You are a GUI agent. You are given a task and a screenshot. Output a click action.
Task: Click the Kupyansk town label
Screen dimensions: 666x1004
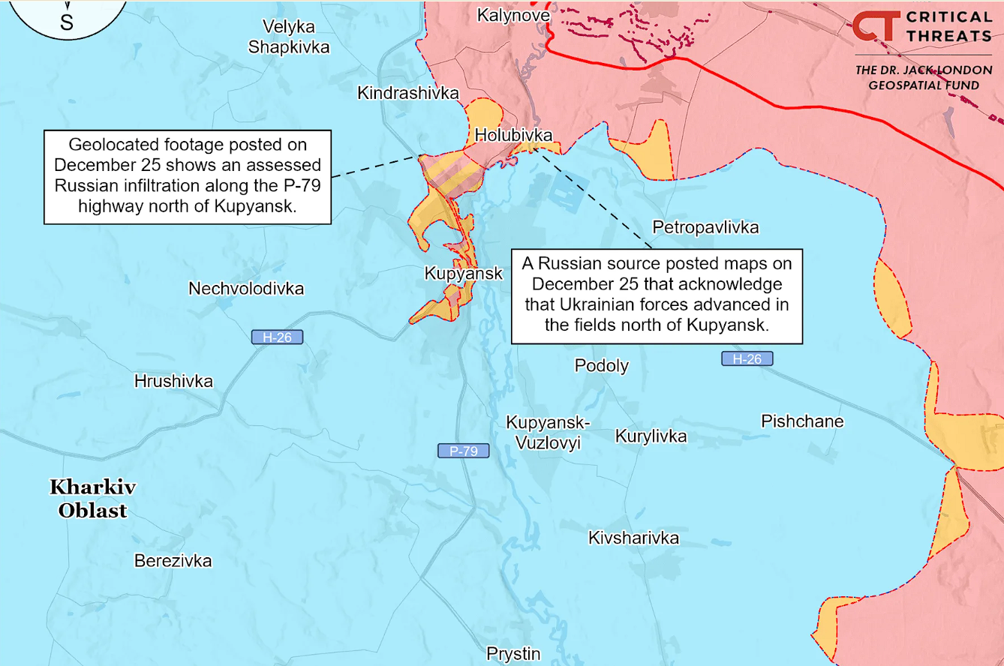click(x=463, y=274)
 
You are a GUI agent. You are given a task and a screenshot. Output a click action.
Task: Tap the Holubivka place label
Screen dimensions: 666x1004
click(x=513, y=135)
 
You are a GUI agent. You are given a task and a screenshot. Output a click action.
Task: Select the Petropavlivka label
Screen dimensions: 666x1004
click(x=705, y=226)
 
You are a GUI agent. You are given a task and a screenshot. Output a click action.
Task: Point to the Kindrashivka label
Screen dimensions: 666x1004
click(x=407, y=93)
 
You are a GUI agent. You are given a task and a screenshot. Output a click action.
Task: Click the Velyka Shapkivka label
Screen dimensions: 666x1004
click(x=289, y=37)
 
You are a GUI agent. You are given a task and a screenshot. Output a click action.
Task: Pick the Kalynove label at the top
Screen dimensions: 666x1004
click(x=513, y=15)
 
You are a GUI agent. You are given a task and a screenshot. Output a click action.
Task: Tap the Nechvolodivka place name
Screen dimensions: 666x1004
click(x=246, y=289)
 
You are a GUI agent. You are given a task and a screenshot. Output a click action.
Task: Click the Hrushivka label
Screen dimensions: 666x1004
click(x=173, y=381)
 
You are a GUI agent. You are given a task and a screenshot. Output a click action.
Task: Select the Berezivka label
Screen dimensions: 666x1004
click(x=173, y=561)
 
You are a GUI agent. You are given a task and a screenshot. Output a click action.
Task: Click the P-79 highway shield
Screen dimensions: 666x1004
click(x=464, y=451)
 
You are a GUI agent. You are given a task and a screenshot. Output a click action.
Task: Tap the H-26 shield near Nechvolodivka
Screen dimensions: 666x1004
click(x=277, y=337)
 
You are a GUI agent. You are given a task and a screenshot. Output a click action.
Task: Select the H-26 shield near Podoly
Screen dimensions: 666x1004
click(x=747, y=359)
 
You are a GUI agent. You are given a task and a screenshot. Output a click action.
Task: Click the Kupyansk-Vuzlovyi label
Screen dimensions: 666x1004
click(x=548, y=432)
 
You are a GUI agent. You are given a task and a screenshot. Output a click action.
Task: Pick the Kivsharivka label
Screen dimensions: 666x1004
click(x=633, y=538)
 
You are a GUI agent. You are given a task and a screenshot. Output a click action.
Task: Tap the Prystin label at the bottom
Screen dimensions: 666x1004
click(x=513, y=654)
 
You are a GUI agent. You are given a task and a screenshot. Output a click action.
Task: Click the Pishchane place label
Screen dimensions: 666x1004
click(x=802, y=421)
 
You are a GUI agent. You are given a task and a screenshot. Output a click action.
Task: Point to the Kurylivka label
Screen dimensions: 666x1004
click(x=651, y=436)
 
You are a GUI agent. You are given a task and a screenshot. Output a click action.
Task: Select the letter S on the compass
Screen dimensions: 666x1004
click(x=67, y=22)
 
